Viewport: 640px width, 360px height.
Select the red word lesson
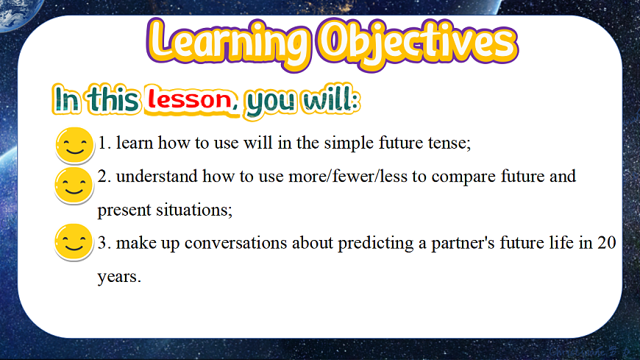191,99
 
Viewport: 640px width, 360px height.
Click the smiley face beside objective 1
75,146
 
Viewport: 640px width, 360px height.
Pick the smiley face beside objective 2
74,186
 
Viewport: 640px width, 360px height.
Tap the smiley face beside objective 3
74,242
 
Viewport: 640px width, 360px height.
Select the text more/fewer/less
348,177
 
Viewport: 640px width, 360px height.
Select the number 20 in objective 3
607,243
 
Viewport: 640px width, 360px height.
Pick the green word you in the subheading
270,102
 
